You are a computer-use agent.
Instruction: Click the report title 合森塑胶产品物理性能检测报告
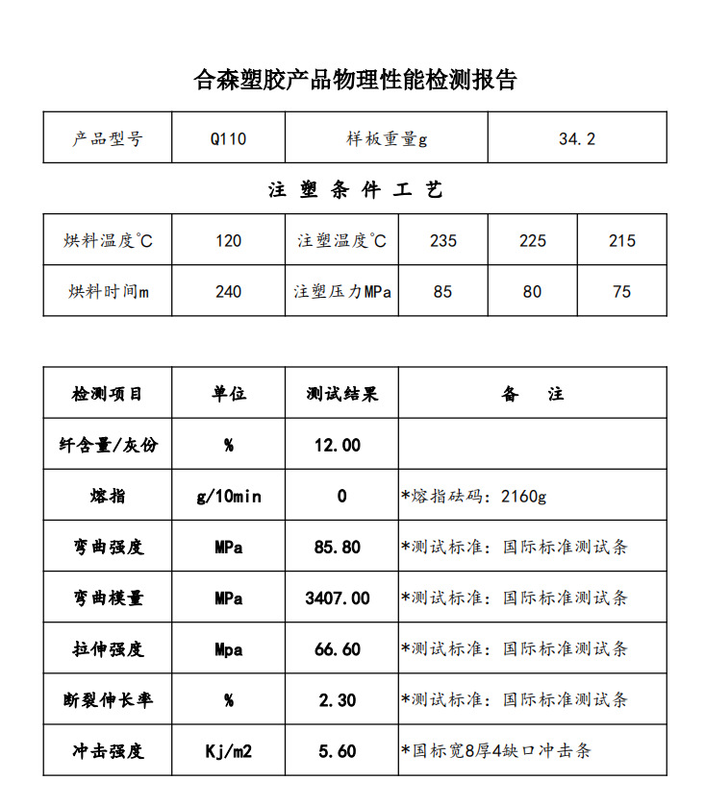coord(355,80)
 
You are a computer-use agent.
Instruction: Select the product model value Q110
coord(228,138)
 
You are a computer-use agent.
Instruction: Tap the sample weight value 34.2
coord(576,138)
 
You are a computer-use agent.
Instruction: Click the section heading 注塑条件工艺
coord(355,190)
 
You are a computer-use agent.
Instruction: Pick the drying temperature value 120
coord(228,240)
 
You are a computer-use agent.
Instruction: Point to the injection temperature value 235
coord(442,240)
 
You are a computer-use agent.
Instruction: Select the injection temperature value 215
coord(621,240)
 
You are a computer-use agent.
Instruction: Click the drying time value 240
coord(228,291)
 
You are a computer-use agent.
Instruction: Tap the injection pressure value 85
coord(442,291)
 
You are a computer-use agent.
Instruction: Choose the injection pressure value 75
coord(621,291)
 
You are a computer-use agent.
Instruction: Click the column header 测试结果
coord(341,394)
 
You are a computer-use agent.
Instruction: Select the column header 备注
coord(532,394)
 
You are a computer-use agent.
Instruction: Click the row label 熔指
coord(107,497)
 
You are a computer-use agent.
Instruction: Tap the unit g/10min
coord(228,497)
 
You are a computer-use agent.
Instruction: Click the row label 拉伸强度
coord(107,649)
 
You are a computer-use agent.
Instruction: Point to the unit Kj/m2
coord(228,751)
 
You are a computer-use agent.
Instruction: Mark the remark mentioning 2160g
coord(474,497)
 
